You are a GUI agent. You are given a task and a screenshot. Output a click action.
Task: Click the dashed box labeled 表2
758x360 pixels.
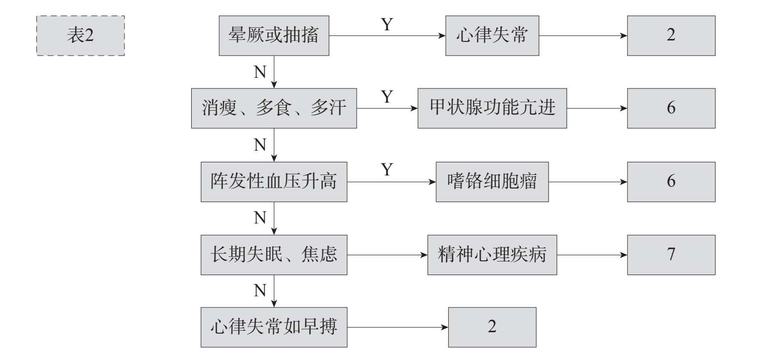click(80, 35)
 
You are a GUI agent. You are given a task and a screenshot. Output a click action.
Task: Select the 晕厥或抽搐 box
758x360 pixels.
click(274, 35)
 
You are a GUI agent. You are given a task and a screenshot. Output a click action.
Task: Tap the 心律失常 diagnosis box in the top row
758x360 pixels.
click(492, 35)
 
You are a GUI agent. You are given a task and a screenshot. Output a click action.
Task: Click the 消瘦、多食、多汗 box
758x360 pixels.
click(274, 108)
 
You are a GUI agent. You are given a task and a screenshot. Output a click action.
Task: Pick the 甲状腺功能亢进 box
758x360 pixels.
click(492, 108)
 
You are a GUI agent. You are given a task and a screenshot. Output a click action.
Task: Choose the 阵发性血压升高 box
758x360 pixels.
click(274, 182)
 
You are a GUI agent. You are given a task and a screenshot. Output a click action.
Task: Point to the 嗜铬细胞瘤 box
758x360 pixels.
click(492, 182)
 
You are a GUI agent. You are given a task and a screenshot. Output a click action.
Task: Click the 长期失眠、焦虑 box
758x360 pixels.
click(274, 255)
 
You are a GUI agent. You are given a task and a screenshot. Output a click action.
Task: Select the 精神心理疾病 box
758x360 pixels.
click(492, 255)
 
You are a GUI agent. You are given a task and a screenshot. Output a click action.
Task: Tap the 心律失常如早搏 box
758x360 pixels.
click(274, 327)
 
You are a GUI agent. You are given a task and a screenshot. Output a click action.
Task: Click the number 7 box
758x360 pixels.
click(671, 255)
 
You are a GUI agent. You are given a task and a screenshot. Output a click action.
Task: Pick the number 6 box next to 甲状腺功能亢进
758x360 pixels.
click(671, 108)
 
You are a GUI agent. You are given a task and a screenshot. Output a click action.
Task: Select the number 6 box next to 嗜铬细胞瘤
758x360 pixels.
click(671, 182)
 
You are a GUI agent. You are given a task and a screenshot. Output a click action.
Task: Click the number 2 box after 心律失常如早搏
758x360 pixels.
click(492, 327)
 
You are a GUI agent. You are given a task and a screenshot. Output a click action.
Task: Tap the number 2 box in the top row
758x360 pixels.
click(671, 35)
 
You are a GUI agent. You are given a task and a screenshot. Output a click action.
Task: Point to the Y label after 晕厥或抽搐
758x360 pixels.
click(387, 24)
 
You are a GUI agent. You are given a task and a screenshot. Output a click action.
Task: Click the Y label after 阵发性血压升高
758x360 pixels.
click(387, 169)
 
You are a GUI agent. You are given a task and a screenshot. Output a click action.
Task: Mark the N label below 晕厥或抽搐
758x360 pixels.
click(260, 72)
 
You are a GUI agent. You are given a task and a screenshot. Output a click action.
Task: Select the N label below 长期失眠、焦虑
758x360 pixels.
click(260, 290)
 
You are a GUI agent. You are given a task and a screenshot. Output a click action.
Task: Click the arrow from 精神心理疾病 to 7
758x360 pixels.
click(592, 255)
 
